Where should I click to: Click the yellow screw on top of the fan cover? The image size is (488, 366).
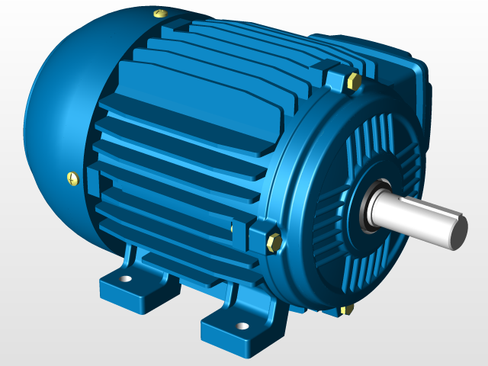pos(159,13)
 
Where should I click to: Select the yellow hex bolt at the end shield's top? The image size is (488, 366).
pos(353,81)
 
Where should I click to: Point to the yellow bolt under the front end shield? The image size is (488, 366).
pos(348,309)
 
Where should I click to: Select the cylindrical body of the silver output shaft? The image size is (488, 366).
pos(416,217)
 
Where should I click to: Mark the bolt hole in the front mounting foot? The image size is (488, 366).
pos(242,326)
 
